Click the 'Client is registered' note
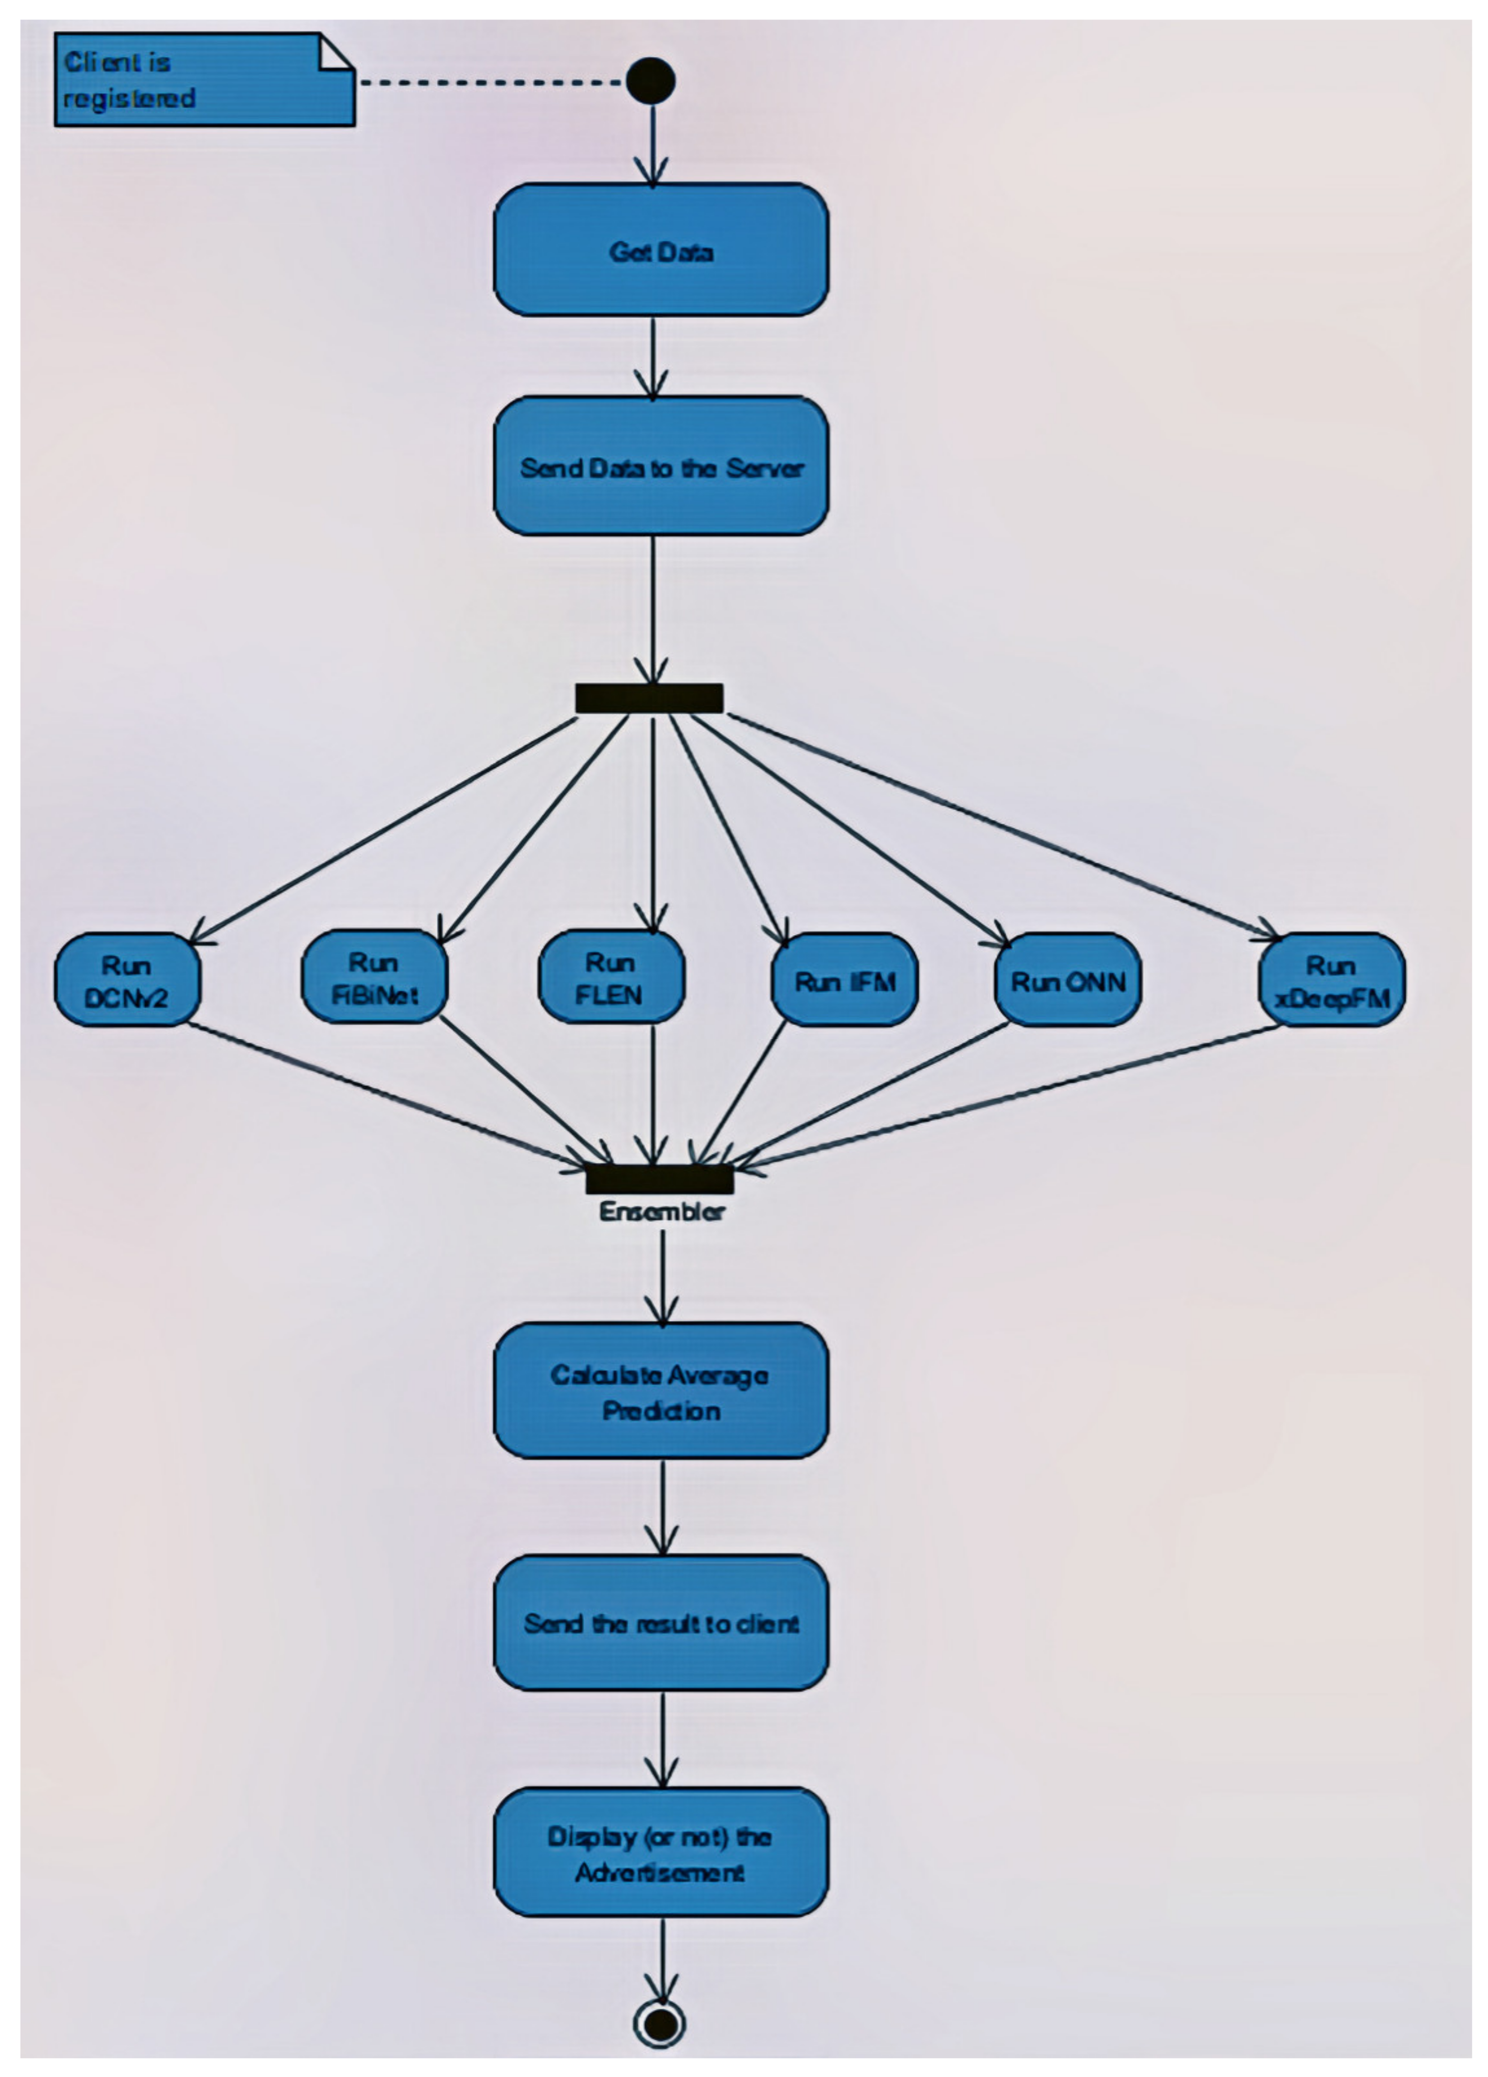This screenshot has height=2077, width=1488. pyautogui.click(x=203, y=80)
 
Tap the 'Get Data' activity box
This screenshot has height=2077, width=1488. pyautogui.click(x=660, y=250)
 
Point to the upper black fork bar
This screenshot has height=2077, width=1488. pyautogui.click(x=649, y=698)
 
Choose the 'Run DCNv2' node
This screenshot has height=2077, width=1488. pyautogui.click(x=127, y=980)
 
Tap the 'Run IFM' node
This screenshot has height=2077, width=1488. pyautogui.click(x=844, y=981)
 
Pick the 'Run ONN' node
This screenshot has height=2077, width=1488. pyautogui.click(x=1068, y=981)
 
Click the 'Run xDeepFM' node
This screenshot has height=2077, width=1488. pyautogui.click(x=1331, y=980)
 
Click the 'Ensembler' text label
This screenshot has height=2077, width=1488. pyautogui.click(x=661, y=1212)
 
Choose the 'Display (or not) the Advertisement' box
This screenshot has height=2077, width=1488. pyautogui.click(x=660, y=1852)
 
